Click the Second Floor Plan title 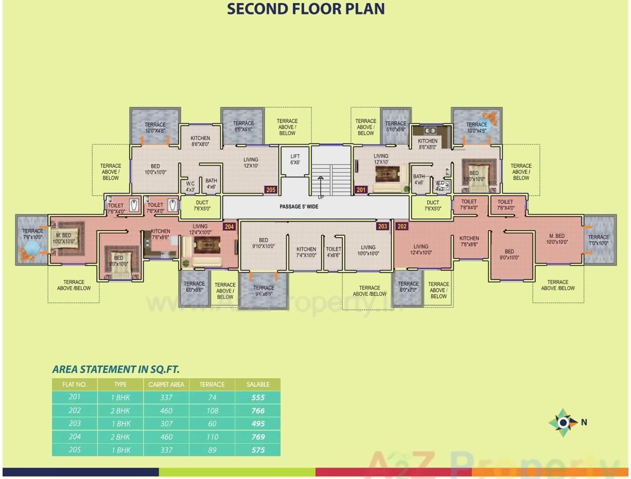click(x=306, y=9)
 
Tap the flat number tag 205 click(x=271, y=190)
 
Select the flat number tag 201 click(x=361, y=190)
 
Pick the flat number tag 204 click(x=229, y=226)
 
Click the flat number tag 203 click(x=382, y=226)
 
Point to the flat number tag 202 click(x=402, y=226)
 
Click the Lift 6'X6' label click(x=295, y=159)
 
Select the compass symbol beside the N click(x=563, y=423)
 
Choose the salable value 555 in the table click(x=258, y=398)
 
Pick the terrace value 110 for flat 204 click(x=213, y=437)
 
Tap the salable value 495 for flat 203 click(x=258, y=424)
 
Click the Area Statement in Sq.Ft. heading click(x=116, y=369)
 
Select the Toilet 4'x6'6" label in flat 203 click(x=334, y=252)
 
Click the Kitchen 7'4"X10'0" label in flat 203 click(x=306, y=252)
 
